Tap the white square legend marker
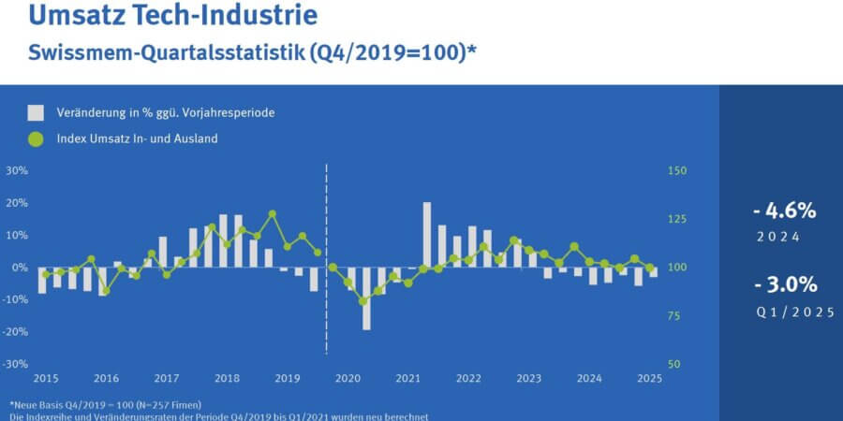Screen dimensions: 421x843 pos(37,113)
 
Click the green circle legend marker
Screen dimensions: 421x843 pos(37,139)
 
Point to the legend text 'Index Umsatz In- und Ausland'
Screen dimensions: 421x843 pos(137,139)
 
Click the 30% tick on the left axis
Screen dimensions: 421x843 pos(17,171)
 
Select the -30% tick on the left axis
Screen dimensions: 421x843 pos(16,364)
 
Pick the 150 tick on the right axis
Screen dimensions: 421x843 pos(676,171)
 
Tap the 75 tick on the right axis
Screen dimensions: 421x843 pos(673,316)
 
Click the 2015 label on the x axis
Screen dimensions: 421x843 pos(46,379)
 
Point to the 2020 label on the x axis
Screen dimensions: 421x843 pos(348,379)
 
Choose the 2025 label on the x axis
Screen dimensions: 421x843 pos(649,379)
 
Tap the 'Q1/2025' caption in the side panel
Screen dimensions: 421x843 pos(795,312)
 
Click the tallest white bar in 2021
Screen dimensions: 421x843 pos(427,234)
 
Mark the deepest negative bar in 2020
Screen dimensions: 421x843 pos(366,298)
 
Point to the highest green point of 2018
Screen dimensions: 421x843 pos(273,214)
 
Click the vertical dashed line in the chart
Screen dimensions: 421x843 pos(326,262)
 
